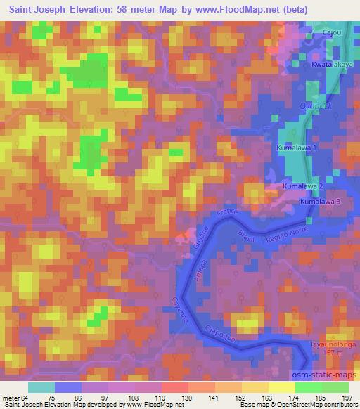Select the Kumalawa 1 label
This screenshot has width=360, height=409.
click(298, 149)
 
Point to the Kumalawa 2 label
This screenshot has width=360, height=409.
click(303, 186)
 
